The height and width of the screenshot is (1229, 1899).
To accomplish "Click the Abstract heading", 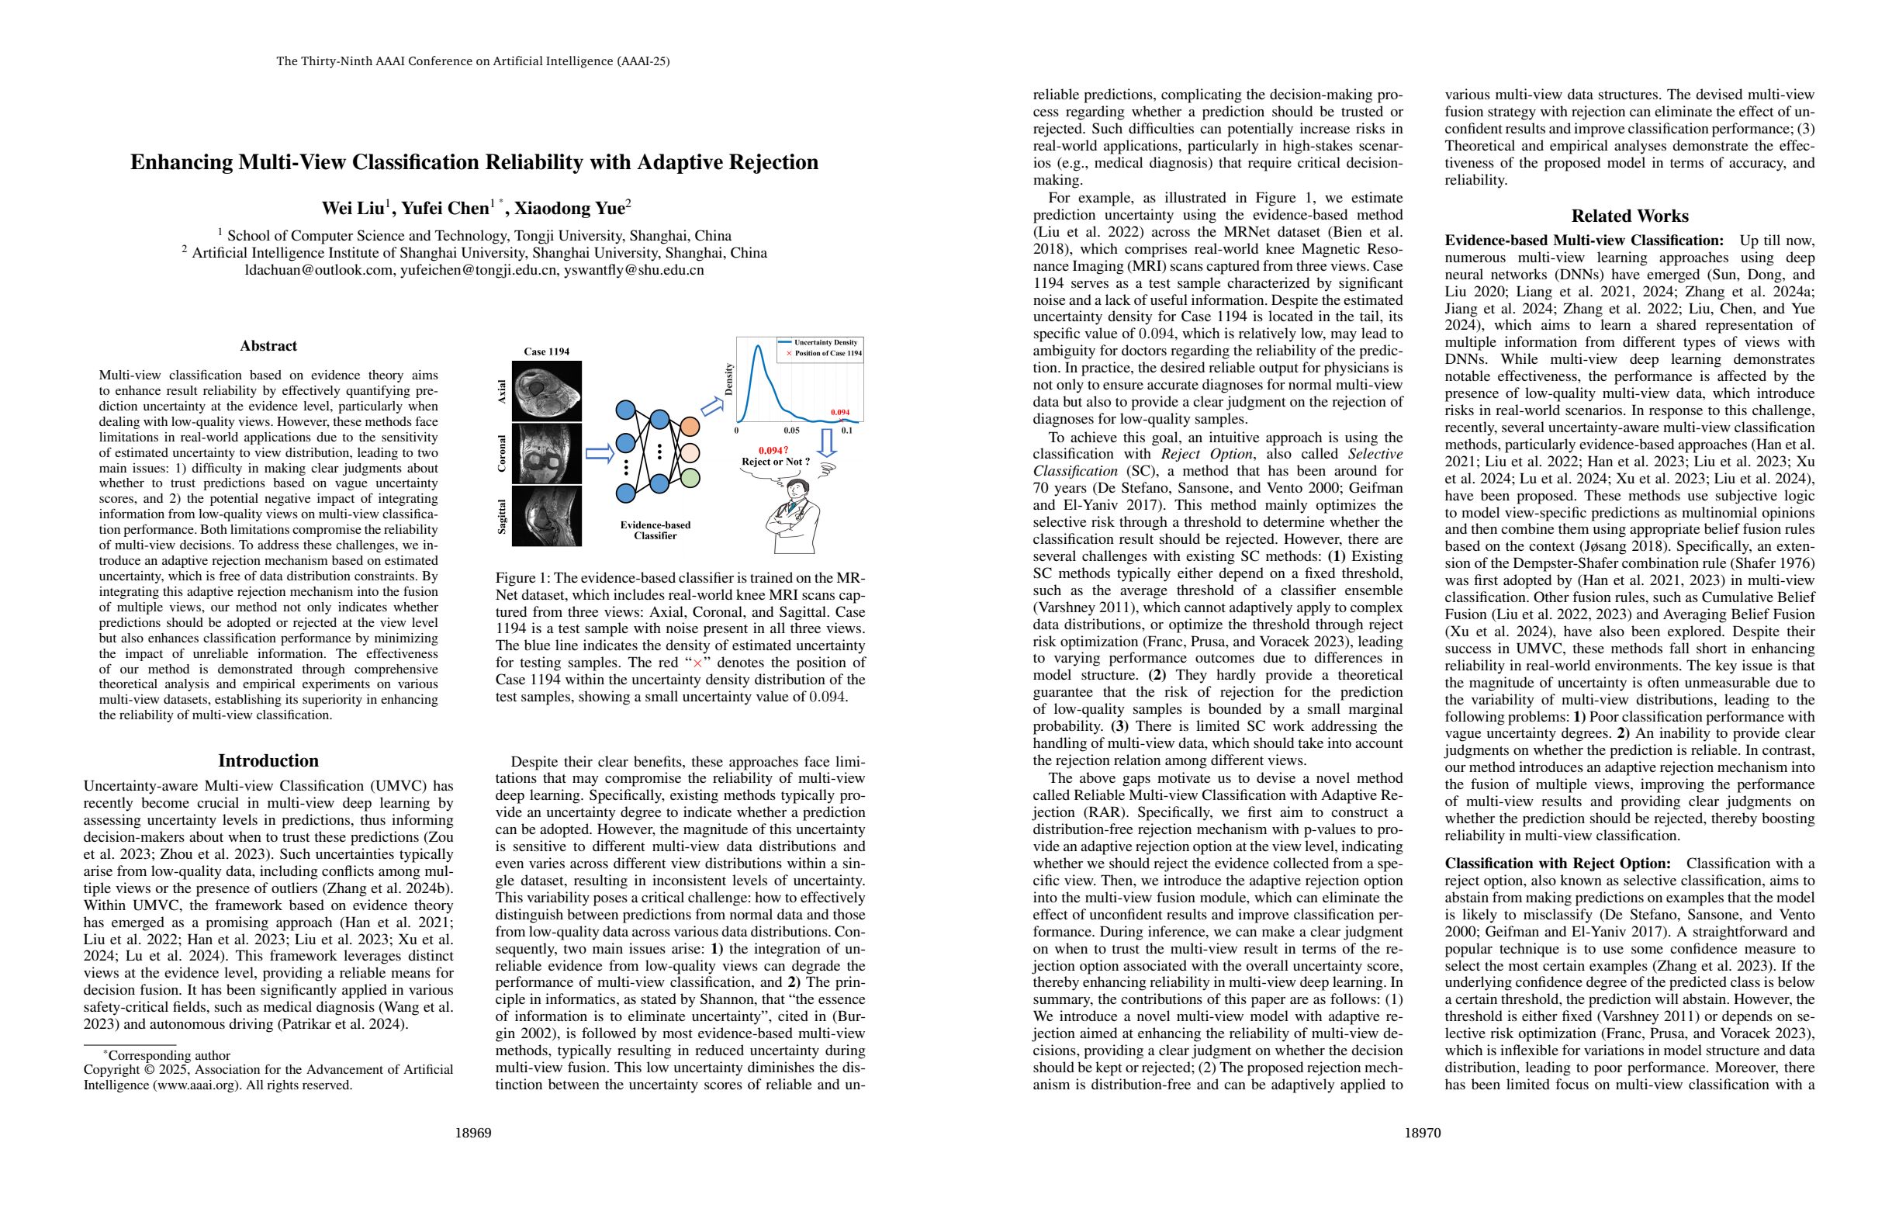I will pyautogui.click(x=268, y=345).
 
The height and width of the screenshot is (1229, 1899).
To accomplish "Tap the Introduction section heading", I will pyautogui.click(x=268, y=760).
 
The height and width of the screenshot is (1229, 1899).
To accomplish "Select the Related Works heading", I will pyautogui.click(x=1629, y=216).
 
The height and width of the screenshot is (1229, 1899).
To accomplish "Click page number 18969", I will pyautogui.click(x=473, y=1133).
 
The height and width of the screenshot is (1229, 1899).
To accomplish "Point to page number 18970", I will pyautogui.click(x=1423, y=1133).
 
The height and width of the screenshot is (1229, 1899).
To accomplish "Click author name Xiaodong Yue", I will pyautogui.click(x=571, y=208).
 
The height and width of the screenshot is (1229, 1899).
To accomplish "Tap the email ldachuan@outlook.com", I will pyautogui.click(x=319, y=270).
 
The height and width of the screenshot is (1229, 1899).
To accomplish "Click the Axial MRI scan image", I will pyautogui.click(x=547, y=391).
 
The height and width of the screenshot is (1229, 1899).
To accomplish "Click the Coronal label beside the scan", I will pyautogui.click(x=502, y=453).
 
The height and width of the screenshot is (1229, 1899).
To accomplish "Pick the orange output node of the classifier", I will pyautogui.click(x=690, y=427).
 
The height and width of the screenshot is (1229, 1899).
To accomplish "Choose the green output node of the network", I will pyautogui.click(x=690, y=478).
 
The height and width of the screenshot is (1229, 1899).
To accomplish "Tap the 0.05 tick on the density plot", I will pyautogui.click(x=790, y=430).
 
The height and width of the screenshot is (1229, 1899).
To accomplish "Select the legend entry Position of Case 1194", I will pyautogui.click(x=827, y=353).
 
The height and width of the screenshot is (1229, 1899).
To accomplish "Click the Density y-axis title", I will pyautogui.click(x=728, y=380).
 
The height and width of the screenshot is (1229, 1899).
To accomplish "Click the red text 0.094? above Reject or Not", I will pyautogui.click(x=773, y=450).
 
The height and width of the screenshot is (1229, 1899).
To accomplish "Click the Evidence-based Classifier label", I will pyautogui.click(x=655, y=530).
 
